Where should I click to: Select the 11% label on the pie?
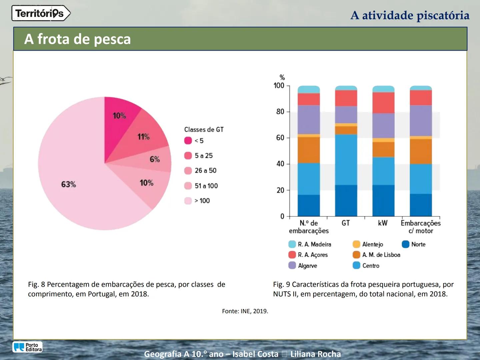tap(144, 137)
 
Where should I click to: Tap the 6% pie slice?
tap(157, 160)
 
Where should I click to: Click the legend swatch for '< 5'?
tap(188, 141)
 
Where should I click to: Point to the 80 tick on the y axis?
tap(280, 112)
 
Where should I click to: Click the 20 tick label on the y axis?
tap(280, 190)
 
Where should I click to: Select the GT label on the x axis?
tap(346, 223)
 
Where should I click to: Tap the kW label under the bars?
tap(383, 223)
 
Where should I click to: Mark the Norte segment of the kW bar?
tap(383, 200)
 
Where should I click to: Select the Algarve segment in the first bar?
tap(309, 120)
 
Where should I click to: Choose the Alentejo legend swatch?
tap(356, 244)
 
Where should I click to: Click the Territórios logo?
tap(41, 13)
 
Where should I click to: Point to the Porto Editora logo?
tap(28, 347)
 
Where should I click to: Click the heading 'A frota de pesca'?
tap(77, 39)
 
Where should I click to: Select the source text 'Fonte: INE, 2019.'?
tap(245, 311)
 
